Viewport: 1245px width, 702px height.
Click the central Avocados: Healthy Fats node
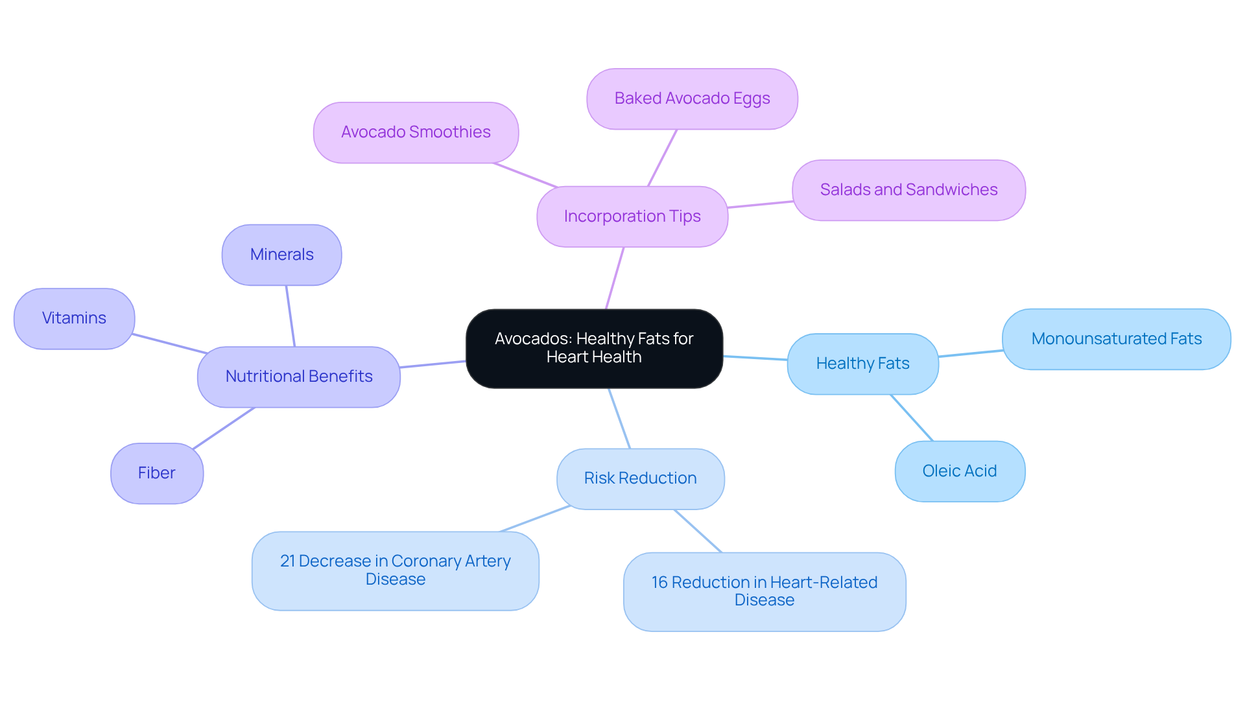pyautogui.click(x=594, y=348)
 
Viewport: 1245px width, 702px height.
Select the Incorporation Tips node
pyautogui.click(x=632, y=216)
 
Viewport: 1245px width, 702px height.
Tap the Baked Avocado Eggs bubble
pyautogui.click(x=692, y=99)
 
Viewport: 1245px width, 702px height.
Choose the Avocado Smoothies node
pyautogui.click(x=416, y=132)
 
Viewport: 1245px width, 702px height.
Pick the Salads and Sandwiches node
pyautogui.click(x=908, y=190)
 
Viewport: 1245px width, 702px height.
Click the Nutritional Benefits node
pyautogui.click(x=298, y=377)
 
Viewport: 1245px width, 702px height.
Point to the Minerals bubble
pyautogui.click(x=281, y=255)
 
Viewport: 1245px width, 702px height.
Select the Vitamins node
pyautogui.click(x=74, y=318)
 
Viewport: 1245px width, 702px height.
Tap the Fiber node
pyautogui.click(x=156, y=473)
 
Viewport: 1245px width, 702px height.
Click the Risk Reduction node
pyautogui.click(x=640, y=478)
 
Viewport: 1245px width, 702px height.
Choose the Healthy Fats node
pyautogui.click(x=862, y=364)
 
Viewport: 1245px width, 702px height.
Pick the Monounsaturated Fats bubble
pyautogui.click(x=1116, y=339)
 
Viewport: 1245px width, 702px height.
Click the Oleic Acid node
pyautogui.click(x=959, y=471)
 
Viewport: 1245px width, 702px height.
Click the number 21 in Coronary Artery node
pyautogui.click(x=287, y=561)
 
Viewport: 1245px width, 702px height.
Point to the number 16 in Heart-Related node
pyautogui.click(x=659, y=583)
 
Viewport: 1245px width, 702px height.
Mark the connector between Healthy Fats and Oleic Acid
pyautogui.click(x=912, y=418)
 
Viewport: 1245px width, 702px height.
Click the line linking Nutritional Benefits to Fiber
pyautogui.click(x=224, y=428)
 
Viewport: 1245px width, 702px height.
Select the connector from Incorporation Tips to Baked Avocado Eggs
pyautogui.click(x=662, y=158)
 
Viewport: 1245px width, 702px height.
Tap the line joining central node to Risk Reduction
pyautogui.click(x=619, y=419)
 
